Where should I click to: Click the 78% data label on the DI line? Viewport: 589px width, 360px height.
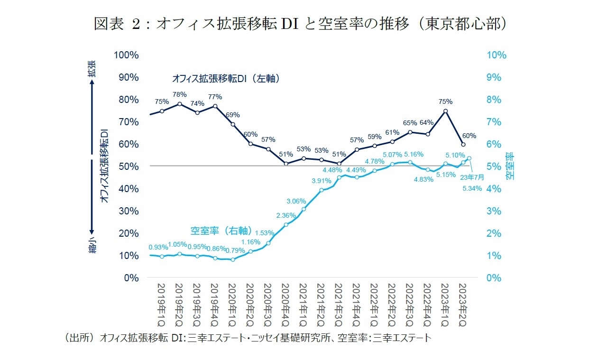click(x=179, y=94)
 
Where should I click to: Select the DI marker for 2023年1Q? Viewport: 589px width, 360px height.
click(x=446, y=111)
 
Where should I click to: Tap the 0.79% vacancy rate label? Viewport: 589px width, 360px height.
click(x=235, y=250)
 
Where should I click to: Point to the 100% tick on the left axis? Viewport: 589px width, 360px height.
click(x=126, y=55)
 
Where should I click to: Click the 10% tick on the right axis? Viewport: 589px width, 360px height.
click(x=497, y=55)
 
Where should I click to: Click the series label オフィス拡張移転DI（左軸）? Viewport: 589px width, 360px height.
click(x=225, y=78)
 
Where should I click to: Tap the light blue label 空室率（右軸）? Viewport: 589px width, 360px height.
click(x=221, y=231)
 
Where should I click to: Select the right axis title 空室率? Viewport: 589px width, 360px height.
click(x=509, y=166)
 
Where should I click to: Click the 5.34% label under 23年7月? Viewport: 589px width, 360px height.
click(x=472, y=188)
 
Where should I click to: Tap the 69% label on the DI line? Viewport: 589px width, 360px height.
click(x=233, y=115)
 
